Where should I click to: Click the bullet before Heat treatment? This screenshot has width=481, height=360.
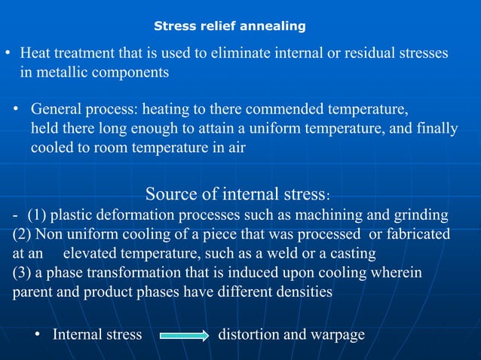[8, 54]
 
